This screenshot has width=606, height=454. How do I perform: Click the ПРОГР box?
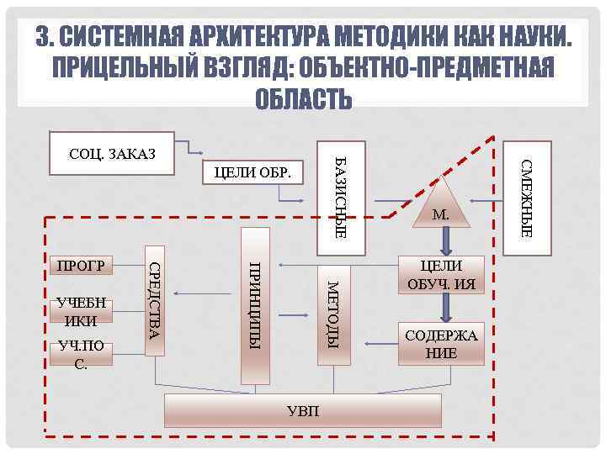81,267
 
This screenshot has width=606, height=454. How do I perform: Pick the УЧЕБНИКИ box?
82,312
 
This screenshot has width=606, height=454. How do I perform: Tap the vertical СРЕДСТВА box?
155,300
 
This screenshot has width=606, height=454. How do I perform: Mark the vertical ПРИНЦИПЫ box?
256,305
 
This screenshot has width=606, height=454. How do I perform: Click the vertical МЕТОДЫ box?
332,314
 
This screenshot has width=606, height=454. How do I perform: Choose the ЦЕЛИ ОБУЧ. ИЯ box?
441,275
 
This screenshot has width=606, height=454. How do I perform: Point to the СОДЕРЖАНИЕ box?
441,344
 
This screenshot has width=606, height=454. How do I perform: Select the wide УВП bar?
302,410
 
